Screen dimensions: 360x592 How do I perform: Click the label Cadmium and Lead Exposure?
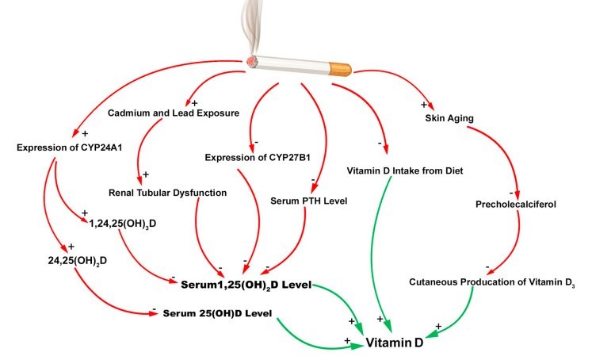tap(173, 113)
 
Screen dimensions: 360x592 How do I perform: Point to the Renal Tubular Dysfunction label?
tap(168, 193)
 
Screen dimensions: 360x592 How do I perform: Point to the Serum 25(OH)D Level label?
tap(217, 313)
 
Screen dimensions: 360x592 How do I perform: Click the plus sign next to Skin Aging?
tap(424, 104)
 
